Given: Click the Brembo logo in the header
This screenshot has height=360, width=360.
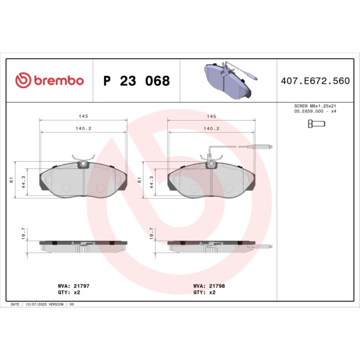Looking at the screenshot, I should pyautogui.click(x=50, y=81).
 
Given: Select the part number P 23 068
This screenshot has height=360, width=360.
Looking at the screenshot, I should pyautogui.click(x=137, y=81).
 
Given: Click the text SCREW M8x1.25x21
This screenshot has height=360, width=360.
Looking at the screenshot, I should pyautogui.click(x=315, y=106).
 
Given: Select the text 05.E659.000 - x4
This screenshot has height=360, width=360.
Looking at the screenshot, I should pyautogui.click(x=315, y=111).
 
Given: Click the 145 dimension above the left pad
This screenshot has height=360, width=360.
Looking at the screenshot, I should pyautogui.click(x=83, y=117).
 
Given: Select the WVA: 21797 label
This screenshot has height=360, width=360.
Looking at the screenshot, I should pyautogui.click(x=69, y=287).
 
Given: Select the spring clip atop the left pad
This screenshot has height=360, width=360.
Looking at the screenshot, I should pyautogui.click(x=84, y=160).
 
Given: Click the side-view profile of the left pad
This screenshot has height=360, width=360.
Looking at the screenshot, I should pyautogui.click(x=83, y=245).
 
